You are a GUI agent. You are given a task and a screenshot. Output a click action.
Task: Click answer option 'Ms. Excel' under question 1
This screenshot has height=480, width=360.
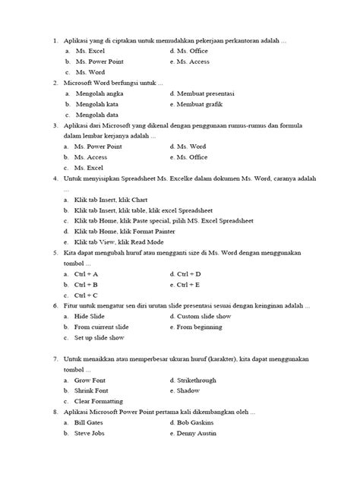pyautogui.click(x=92, y=51)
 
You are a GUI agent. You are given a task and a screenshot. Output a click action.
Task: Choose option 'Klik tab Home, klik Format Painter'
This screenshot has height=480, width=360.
pyautogui.click(x=131, y=230)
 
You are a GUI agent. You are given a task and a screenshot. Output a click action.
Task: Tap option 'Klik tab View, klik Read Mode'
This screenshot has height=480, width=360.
pyautogui.click(x=125, y=241)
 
